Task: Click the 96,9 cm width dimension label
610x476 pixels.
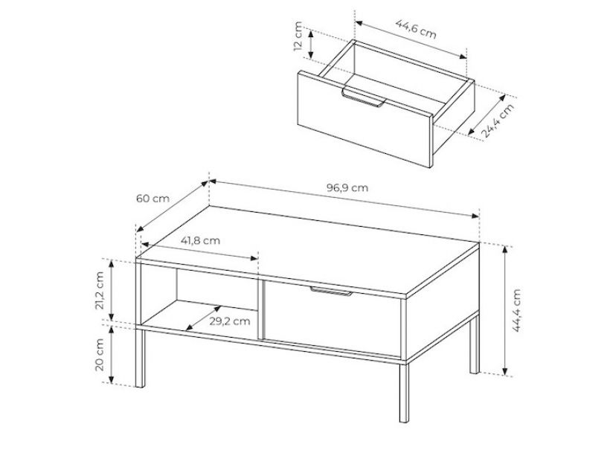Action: [347, 188]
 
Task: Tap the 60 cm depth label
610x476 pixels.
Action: [153, 199]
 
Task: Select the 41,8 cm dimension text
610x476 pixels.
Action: [200, 241]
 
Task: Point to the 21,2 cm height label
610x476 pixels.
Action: [99, 290]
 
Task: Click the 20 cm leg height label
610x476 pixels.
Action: [99, 355]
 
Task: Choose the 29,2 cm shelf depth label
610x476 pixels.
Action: [230, 321]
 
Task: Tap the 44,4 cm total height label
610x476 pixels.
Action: [516, 310]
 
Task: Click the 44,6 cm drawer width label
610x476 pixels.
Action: [416, 29]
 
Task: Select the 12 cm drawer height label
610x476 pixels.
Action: [298, 36]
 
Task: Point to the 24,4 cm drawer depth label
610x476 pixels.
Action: [498, 120]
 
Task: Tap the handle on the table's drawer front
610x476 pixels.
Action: [331, 291]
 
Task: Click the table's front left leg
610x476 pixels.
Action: [140, 358]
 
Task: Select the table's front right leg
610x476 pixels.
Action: [404, 393]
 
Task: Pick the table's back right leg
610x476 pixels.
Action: [475, 344]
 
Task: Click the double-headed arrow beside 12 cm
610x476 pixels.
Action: [311, 45]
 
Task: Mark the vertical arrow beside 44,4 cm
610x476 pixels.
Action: [505, 310]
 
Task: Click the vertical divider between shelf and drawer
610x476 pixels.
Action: [261, 309]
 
